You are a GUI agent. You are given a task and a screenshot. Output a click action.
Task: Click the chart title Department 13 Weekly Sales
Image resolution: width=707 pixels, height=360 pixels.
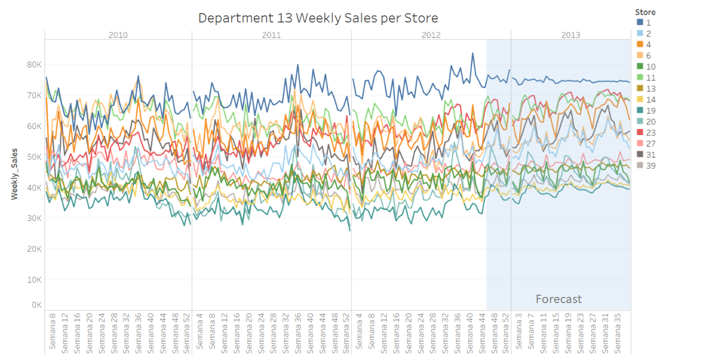318,18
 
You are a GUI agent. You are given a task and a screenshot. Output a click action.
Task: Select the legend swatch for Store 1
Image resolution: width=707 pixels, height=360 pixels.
640,23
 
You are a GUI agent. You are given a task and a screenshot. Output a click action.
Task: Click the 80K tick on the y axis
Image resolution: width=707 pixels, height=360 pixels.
34,65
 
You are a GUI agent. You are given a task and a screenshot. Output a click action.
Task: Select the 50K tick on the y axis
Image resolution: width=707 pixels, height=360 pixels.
34,157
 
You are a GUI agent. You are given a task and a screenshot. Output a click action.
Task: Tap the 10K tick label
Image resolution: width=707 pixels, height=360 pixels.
34,280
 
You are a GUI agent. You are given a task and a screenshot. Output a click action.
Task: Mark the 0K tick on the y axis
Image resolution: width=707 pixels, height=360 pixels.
36,305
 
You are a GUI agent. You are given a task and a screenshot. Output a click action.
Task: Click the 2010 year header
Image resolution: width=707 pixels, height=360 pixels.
118,35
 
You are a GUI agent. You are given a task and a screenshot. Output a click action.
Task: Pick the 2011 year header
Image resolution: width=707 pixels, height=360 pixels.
271,35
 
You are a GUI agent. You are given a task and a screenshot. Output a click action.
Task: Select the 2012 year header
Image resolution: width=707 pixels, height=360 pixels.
431,35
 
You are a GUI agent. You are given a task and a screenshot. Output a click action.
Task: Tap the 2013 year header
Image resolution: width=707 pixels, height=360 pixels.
571,35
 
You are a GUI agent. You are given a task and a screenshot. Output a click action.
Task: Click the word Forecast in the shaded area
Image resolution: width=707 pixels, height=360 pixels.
558,299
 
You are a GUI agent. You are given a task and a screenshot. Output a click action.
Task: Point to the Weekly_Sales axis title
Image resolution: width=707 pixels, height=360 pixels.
15,174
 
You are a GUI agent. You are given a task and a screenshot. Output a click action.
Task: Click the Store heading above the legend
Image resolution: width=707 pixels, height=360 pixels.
645,12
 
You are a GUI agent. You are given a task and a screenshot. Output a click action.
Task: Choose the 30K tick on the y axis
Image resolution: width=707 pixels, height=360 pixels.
34,218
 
